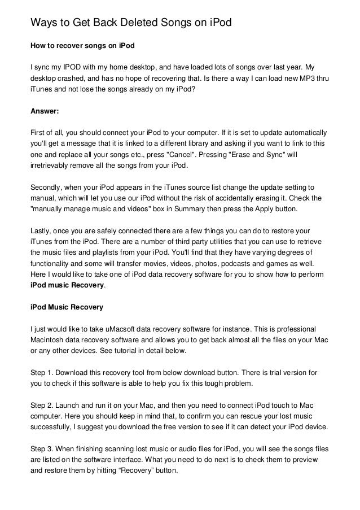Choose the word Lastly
[x=41, y=231]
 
